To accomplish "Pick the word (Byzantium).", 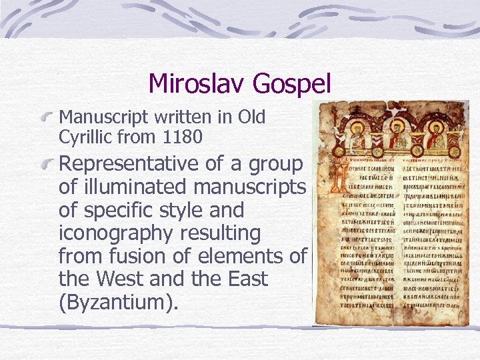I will coord(119,302).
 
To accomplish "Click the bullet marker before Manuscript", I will coord(47,118).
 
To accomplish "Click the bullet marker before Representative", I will coord(47,164).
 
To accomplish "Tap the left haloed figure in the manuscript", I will coord(357,136).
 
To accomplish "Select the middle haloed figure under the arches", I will coord(397,136).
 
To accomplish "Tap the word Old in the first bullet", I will coord(252,118).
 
